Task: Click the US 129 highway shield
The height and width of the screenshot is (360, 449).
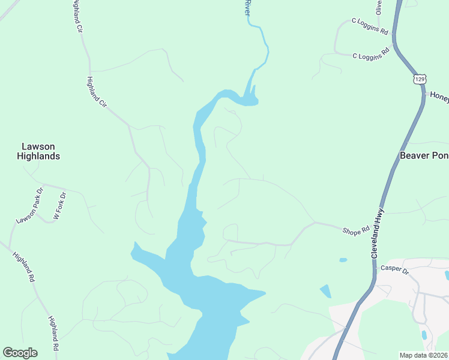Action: tap(420, 79)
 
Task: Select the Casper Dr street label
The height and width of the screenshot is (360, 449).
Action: tap(394, 269)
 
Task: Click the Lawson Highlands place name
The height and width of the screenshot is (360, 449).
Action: tap(41, 151)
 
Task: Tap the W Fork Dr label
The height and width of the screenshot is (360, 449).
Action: tap(58, 205)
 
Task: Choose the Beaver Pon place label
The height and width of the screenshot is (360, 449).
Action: tap(424, 155)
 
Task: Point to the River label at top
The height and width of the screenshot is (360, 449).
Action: tap(247, 8)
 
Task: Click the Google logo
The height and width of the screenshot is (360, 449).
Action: tap(20, 353)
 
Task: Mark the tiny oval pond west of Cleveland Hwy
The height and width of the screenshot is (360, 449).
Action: tap(343, 260)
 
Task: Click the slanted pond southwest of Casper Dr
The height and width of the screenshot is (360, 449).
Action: tap(325, 292)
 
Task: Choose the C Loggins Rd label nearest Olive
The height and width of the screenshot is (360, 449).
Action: tap(370, 26)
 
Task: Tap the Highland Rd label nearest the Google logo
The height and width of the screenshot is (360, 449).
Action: tap(53, 334)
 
